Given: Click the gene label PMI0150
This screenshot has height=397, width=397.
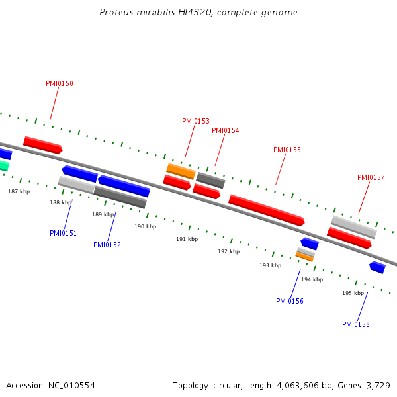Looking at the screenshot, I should pyautogui.click(x=60, y=84).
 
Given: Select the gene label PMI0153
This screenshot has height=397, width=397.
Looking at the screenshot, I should pyautogui.click(x=196, y=122).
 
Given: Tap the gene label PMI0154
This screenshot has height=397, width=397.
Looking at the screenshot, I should pyautogui.click(x=226, y=131).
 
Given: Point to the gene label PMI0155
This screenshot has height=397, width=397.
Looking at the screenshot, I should pyautogui.click(x=287, y=150).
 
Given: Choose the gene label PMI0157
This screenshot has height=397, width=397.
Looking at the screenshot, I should pyautogui.click(x=371, y=178).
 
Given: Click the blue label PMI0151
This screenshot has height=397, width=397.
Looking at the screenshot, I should pyautogui.click(x=64, y=233).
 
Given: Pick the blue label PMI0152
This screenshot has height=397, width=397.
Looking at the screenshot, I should pyautogui.click(x=107, y=245).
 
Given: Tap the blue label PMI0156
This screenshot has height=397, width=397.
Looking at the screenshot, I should pyautogui.click(x=290, y=302).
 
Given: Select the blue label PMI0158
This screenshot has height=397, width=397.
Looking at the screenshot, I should pyautogui.click(x=356, y=325).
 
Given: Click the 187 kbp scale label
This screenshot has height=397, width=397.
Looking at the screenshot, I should pyautogui.click(x=19, y=191).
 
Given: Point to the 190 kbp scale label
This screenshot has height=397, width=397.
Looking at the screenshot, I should pyautogui.click(x=146, y=227).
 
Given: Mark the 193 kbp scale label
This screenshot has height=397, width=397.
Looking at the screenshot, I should pyautogui.click(x=271, y=265).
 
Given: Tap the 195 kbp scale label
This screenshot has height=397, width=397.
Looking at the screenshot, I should pyautogui.click(x=353, y=293).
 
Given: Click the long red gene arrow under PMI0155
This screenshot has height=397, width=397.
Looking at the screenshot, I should pyautogui.click(x=266, y=210).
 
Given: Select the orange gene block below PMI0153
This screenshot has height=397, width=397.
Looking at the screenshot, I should pyautogui.click(x=181, y=171).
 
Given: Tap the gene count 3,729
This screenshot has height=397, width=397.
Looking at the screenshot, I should pyautogui.click(x=378, y=385).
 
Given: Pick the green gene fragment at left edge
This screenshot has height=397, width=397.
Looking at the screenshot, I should pyautogui.click(x=3, y=165).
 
